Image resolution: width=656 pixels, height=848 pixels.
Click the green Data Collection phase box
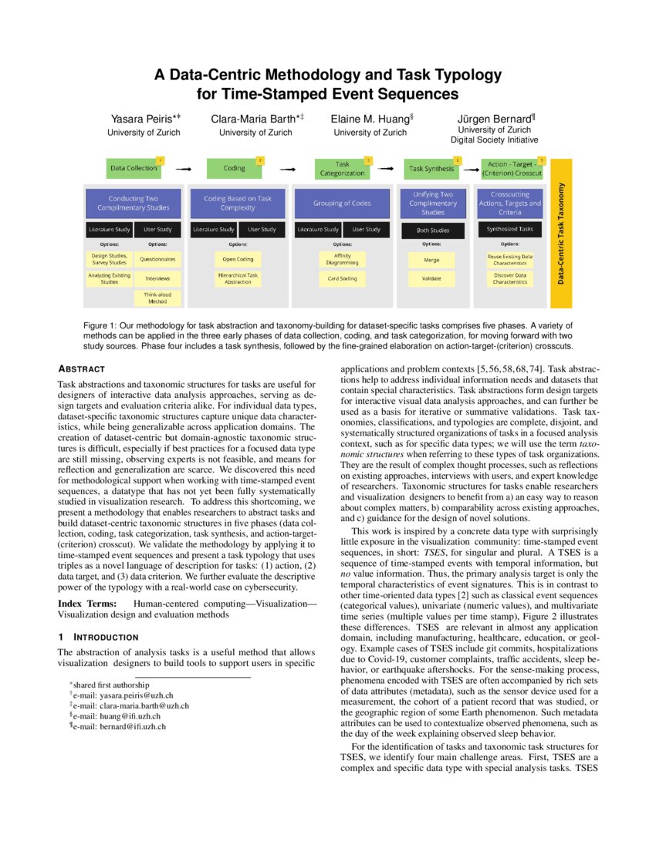134,167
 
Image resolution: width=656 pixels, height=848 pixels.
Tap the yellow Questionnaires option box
157,260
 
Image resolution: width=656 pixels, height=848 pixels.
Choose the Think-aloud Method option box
157,298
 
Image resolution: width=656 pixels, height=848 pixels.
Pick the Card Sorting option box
343,278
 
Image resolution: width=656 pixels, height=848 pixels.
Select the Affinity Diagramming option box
343,259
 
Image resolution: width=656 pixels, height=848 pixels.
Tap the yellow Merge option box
432,260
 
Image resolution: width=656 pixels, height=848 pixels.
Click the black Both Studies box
432,230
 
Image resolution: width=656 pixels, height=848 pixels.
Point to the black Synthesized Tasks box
510,229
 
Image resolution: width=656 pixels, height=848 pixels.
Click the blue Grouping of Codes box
343,204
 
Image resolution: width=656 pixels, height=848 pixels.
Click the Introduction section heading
98,637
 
